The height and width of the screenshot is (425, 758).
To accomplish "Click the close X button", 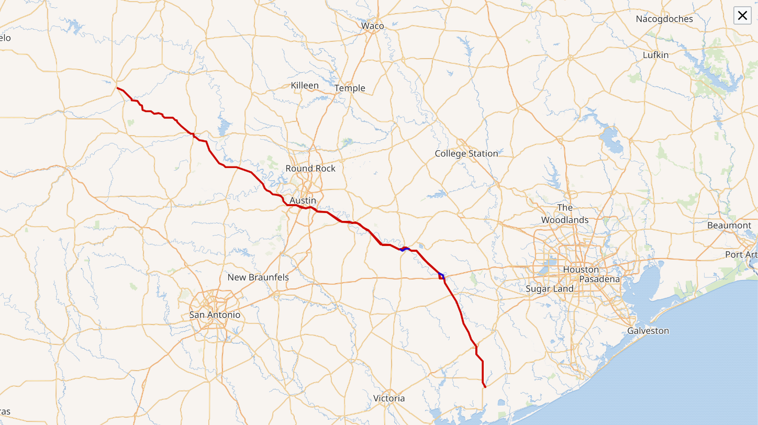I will click(x=742, y=16).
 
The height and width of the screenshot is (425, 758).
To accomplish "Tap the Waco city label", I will click(x=372, y=26).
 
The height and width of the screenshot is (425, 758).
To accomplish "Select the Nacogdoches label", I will click(x=664, y=19).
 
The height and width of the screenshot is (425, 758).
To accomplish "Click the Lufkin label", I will click(x=655, y=55).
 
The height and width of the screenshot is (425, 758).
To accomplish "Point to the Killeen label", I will click(x=304, y=85).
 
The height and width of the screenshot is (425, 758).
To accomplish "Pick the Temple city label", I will click(x=350, y=88).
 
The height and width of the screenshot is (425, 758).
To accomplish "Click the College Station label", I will click(x=466, y=153).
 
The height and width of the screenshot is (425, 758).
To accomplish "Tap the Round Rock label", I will click(x=310, y=169).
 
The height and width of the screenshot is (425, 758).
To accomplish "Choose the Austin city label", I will click(x=303, y=200).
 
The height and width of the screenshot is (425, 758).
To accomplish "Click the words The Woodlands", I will click(x=565, y=214).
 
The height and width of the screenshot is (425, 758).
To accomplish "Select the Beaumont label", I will click(x=729, y=225).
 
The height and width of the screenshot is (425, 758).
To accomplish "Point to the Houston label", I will click(x=581, y=270).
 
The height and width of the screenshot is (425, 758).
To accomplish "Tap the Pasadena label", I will click(x=599, y=279).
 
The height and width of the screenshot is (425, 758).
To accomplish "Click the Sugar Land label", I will click(x=549, y=289).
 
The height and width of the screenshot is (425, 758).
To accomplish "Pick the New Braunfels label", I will click(x=258, y=277).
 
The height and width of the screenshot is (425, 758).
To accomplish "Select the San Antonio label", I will click(x=215, y=315).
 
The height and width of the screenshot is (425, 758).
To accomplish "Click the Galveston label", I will click(x=648, y=331).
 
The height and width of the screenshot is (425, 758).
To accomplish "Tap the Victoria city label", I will click(x=389, y=398).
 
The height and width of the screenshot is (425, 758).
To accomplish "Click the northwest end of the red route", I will click(x=117, y=88).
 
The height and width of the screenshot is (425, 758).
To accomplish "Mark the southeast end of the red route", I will click(x=485, y=387).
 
